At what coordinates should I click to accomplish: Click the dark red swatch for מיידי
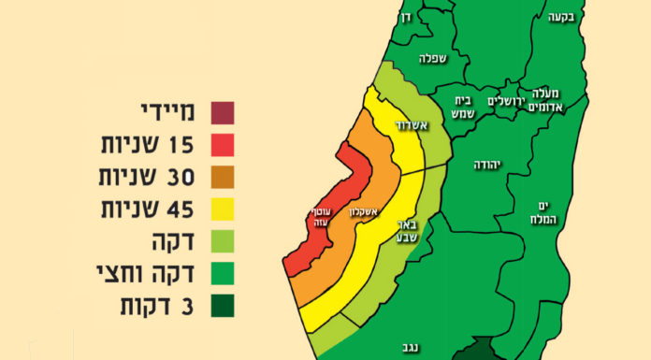223,113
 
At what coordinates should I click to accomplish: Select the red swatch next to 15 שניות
223,146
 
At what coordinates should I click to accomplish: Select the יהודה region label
487,165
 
